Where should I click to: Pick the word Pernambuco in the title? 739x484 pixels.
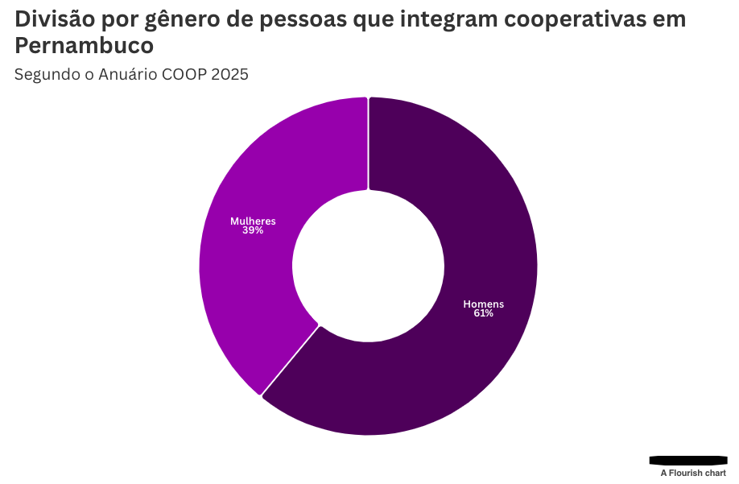pyautogui.click(x=84, y=46)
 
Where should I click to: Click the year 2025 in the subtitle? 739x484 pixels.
pyautogui.click(x=231, y=75)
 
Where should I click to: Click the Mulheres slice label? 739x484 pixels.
pyautogui.click(x=253, y=221)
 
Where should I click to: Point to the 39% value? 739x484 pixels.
pyautogui.click(x=253, y=230)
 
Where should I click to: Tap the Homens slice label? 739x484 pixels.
pyautogui.click(x=483, y=304)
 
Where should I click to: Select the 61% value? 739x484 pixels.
pyautogui.click(x=483, y=313)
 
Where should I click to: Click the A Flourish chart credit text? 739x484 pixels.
pyautogui.click(x=693, y=474)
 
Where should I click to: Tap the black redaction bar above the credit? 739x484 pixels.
pyautogui.click(x=687, y=460)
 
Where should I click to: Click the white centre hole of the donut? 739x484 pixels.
pyautogui.click(x=368, y=267)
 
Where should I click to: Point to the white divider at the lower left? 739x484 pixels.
pyautogui.click(x=290, y=361)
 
